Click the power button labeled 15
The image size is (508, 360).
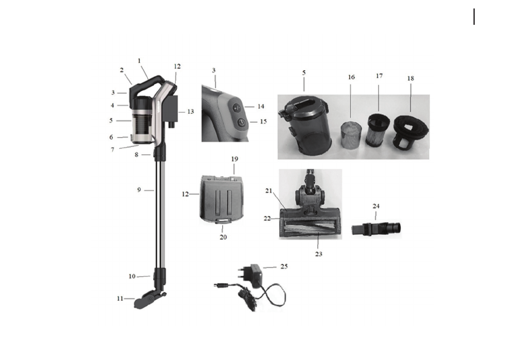pyautogui.click(x=241, y=122)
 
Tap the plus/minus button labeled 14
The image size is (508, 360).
pyautogui.click(x=237, y=107)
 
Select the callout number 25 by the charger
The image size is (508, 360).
pyautogui.click(x=284, y=266)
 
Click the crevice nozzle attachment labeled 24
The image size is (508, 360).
pyautogui.click(x=376, y=228)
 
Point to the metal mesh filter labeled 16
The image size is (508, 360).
pyautogui.click(x=350, y=133)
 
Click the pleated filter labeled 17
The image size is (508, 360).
pyautogui.click(x=378, y=129)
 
